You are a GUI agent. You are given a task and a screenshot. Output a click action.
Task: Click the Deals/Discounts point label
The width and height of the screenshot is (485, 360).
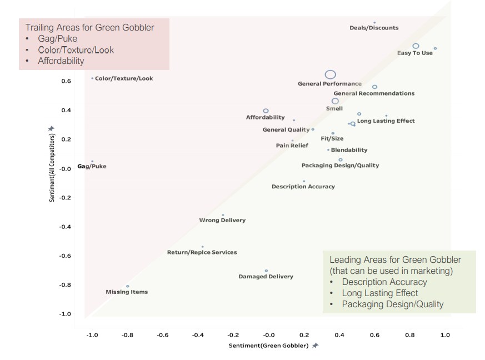click(374, 28)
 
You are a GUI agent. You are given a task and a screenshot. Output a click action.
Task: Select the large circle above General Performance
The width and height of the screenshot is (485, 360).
click(331, 74)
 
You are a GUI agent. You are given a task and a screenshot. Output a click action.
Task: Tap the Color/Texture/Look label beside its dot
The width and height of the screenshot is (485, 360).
click(124, 78)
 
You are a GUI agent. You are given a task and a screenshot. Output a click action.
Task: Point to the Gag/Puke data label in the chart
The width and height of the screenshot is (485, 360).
click(92, 166)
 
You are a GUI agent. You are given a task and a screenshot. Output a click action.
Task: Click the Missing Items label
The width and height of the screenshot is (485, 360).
click(127, 292)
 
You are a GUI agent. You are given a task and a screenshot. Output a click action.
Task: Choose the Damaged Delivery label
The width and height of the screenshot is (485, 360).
click(266, 276)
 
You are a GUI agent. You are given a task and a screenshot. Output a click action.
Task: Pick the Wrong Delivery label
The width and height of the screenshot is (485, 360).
click(222, 220)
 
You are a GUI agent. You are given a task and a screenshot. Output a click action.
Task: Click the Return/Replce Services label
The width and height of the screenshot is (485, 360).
click(202, 252)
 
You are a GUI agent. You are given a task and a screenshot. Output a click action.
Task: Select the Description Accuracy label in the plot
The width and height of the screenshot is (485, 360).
click(303, 187)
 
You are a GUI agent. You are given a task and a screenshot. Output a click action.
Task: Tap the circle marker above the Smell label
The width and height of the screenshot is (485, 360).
click(335, 101)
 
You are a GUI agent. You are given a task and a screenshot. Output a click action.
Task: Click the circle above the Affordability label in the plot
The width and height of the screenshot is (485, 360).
click(266, 111)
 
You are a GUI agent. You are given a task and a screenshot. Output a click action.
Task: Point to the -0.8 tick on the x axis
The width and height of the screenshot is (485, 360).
click(127, 335)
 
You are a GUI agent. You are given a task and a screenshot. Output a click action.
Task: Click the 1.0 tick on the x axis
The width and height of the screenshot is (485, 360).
click(445, 335)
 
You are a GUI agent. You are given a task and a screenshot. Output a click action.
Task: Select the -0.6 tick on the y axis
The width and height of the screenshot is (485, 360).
click(66, 256)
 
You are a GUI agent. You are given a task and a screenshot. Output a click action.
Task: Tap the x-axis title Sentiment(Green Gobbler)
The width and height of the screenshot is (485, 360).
click(268, 346)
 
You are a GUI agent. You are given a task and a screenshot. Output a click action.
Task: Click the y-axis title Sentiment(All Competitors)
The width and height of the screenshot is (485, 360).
click(52, 167)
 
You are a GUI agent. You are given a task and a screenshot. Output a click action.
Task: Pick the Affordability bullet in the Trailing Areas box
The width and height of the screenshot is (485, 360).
click(61, 61)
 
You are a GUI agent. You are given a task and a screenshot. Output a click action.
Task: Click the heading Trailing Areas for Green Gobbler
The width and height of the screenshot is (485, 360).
click(90, 27)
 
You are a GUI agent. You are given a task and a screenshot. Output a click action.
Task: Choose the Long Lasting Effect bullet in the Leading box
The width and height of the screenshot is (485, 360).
click(380, 293)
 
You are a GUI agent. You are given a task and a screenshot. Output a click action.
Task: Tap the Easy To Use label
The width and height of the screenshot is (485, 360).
click(414, 53)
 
